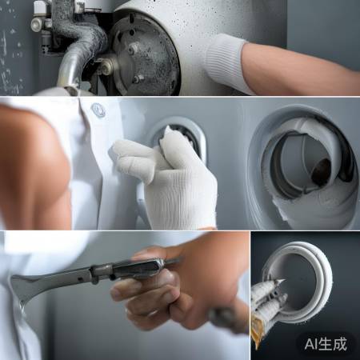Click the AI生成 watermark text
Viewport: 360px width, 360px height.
(326, 344)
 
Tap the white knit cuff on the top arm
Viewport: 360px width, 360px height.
(226, 62)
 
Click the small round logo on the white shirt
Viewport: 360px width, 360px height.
(98, 110)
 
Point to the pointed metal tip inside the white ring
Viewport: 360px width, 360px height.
(281, 282)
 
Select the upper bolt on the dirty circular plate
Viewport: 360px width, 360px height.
(133, 49)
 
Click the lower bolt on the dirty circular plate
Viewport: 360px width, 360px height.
(137, 79)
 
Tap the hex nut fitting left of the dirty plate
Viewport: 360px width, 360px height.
(107, 65)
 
